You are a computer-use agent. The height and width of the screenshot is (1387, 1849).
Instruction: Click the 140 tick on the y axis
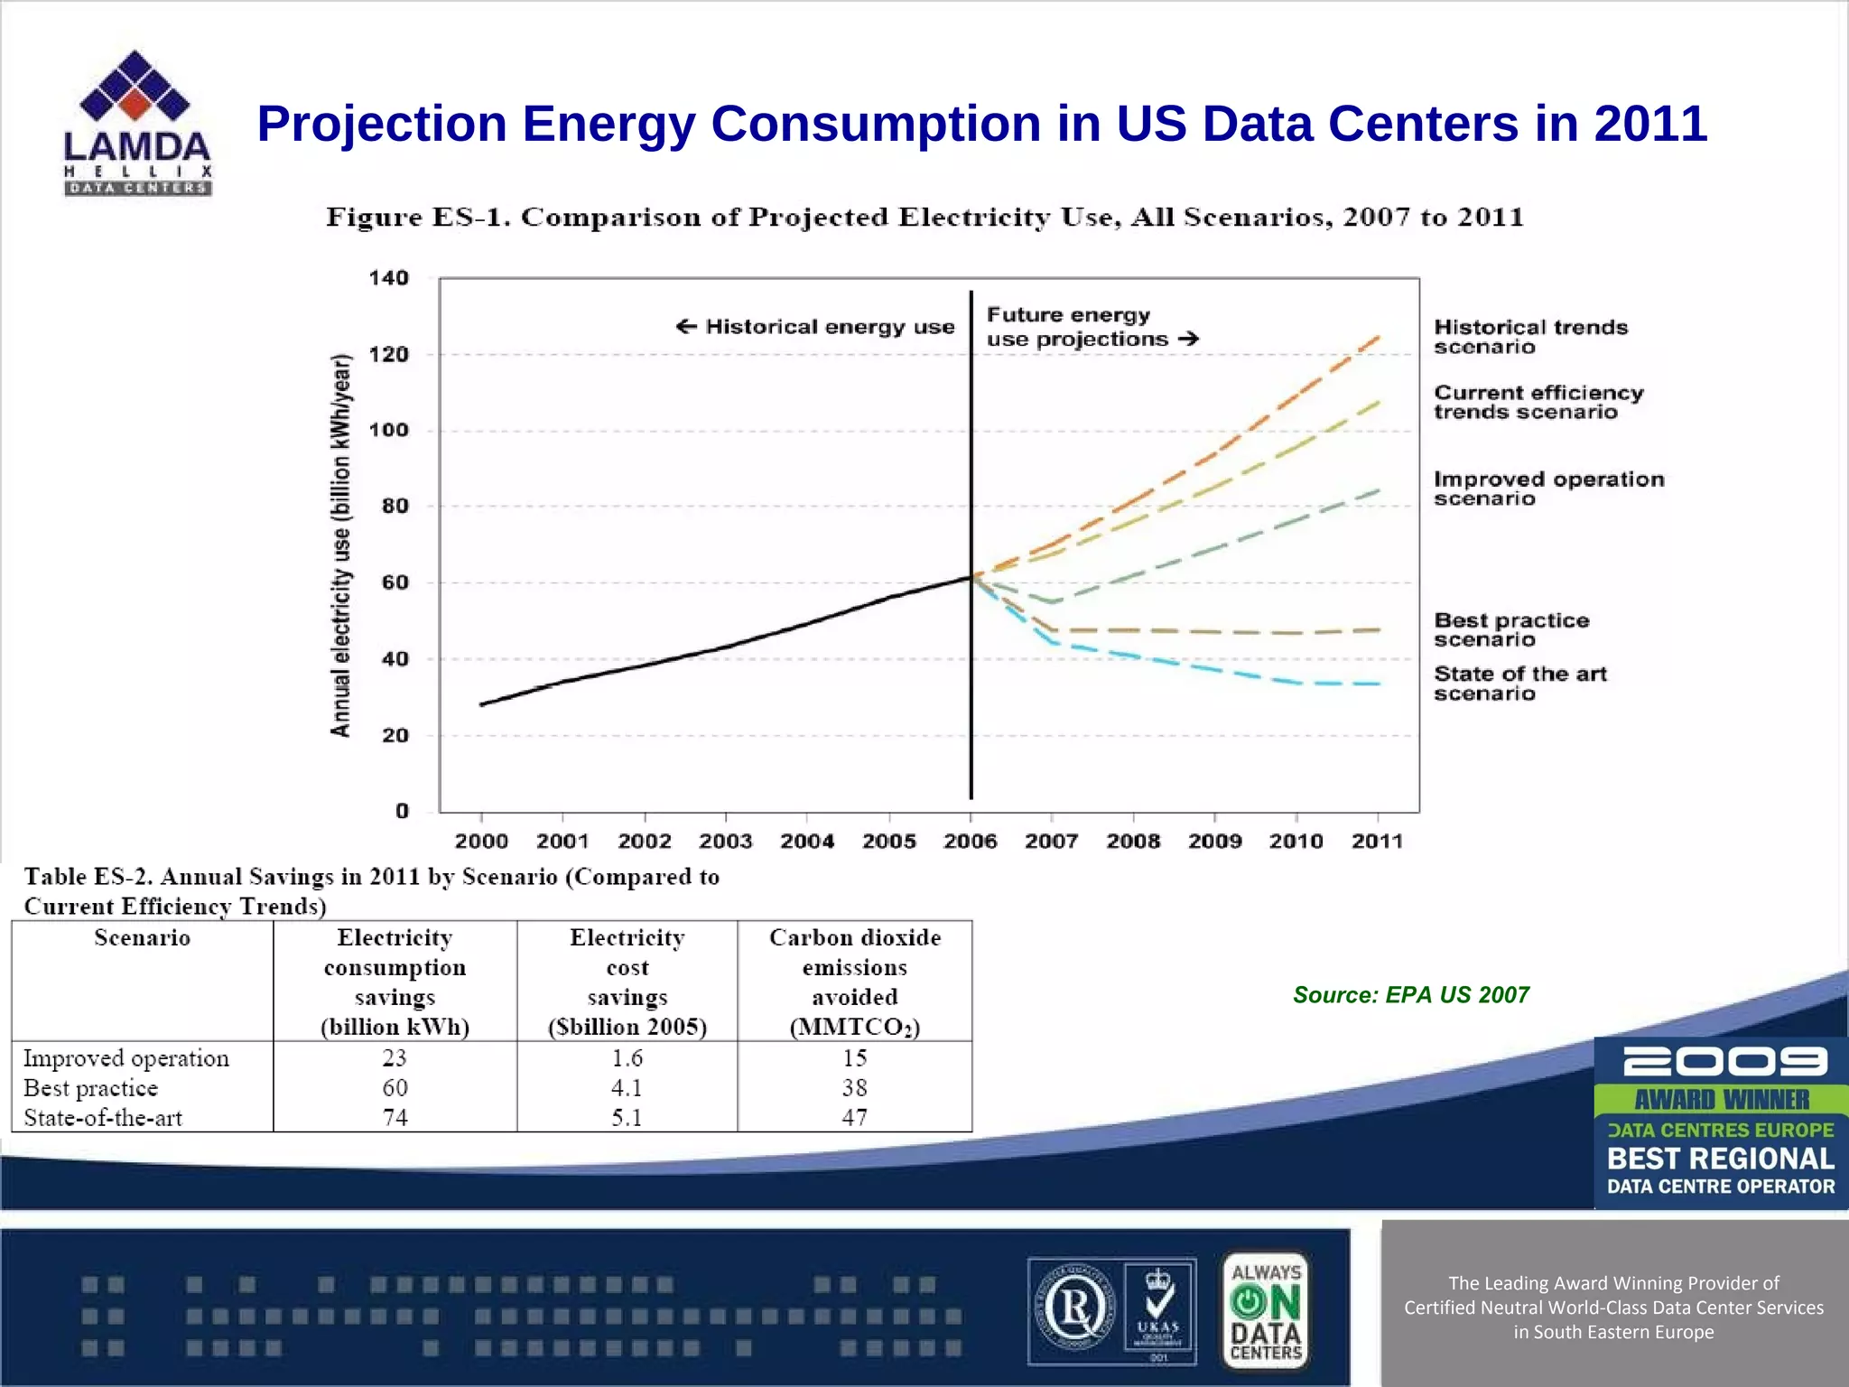point(388,278)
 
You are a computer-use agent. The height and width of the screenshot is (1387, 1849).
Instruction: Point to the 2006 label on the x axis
point(970,842)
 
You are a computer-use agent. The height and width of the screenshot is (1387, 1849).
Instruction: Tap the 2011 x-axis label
point(1377,842)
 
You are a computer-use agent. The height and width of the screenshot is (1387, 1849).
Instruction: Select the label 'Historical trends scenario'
point(1530,337)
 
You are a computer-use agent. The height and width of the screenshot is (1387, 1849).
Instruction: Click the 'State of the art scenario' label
point(1519,684)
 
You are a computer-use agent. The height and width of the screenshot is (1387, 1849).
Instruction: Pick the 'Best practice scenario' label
point(1510,630)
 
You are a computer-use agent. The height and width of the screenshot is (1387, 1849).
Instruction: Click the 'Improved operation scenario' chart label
point(1548,489)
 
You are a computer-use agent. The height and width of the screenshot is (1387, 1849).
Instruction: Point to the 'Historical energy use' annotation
point(815,327)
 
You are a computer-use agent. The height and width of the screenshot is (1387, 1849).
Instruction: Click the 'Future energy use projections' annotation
point(1091,327)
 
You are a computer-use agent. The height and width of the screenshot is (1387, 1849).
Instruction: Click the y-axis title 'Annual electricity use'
point(340,545)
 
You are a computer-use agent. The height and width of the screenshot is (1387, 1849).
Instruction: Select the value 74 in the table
point(395,1118)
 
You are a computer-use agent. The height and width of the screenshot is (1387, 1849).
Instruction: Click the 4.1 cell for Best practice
point(627,1088)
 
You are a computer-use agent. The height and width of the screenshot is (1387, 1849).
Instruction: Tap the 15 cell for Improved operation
point(854,1057)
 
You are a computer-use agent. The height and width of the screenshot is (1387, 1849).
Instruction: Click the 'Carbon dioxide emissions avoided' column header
point(854,982)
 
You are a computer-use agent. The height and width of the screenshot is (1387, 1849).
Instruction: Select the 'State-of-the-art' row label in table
point(103,1118)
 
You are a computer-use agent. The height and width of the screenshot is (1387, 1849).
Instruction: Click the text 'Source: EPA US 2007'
point(1410,995)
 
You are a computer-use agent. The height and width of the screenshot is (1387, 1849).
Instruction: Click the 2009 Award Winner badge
point(1720,1122)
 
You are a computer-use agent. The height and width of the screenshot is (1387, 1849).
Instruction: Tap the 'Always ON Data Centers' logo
point(1266,1309)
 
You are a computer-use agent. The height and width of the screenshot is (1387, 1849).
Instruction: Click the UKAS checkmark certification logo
point(1159,1309)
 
